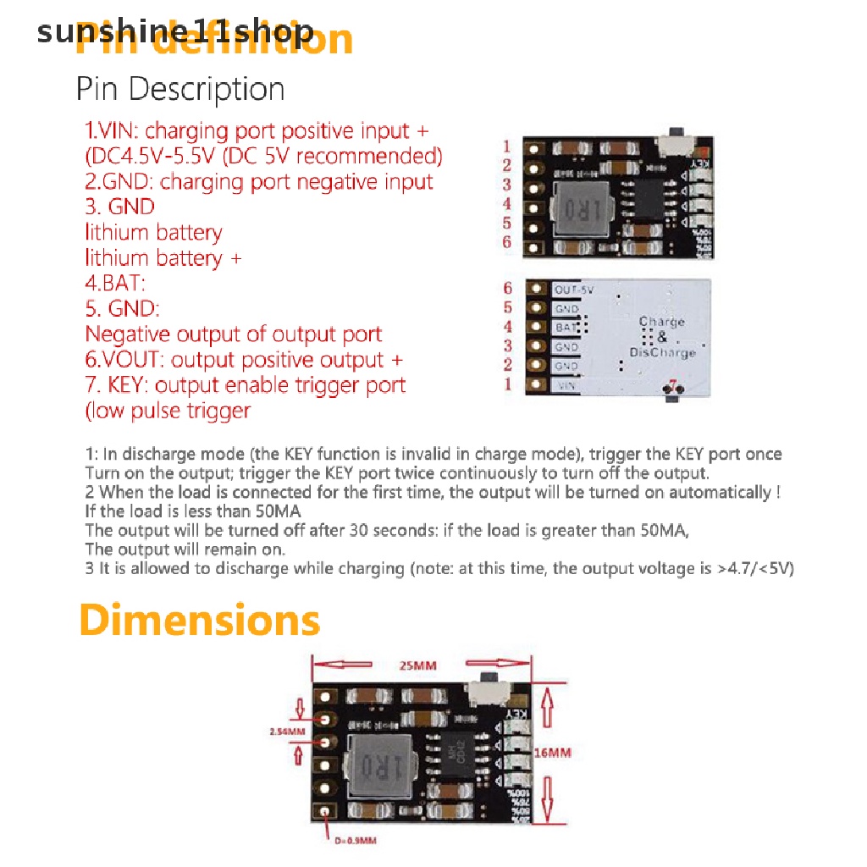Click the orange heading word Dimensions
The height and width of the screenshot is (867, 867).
point(200,621)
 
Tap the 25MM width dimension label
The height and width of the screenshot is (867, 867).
point(418,665)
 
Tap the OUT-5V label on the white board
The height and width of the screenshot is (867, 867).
point(573,290)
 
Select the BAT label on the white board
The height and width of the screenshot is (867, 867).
point(566,327)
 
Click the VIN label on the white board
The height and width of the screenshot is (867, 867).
point(566,385)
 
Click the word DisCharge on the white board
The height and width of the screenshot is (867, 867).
point(663,352)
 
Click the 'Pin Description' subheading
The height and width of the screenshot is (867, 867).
point(180,89)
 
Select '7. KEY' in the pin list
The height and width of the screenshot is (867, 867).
point(118,385)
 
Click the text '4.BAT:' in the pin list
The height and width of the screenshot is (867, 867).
point(115,284)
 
